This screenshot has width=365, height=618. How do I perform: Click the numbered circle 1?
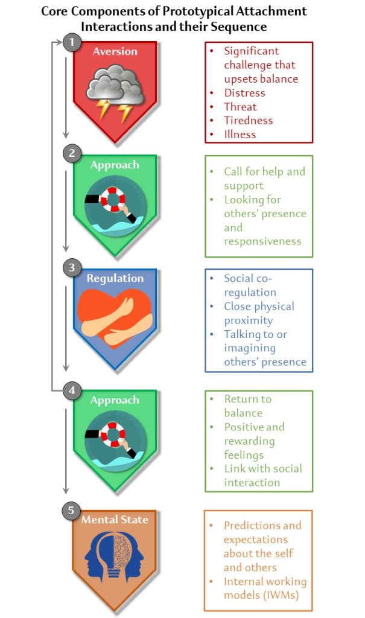(72, 43)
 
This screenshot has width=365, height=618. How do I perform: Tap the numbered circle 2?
(72, 154)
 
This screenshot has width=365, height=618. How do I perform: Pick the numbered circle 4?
(72, 390)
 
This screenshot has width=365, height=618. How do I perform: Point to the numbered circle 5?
(72, 510)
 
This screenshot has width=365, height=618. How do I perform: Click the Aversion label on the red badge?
(116, 52)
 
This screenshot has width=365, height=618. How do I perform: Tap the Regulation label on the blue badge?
(115, 279)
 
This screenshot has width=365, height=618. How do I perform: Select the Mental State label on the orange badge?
(115, 520)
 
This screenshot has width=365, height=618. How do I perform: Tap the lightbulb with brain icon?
(115, 558)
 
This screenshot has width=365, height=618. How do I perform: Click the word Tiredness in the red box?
(249, 120)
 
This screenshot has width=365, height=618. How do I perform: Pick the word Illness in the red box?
(240, 134)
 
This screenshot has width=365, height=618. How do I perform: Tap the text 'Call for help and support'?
(264, 179)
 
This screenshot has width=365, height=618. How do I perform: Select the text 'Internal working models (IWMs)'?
(265, 589)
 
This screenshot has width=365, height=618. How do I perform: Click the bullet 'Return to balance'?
(248, 406)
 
